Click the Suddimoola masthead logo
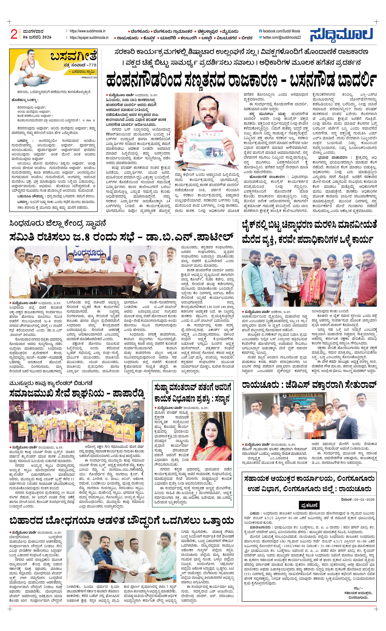(x=341, y=35)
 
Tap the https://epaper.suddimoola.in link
(x=89, y=38)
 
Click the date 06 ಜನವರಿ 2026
(x=37, y=37)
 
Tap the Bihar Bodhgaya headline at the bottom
(x=122, y=521)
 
